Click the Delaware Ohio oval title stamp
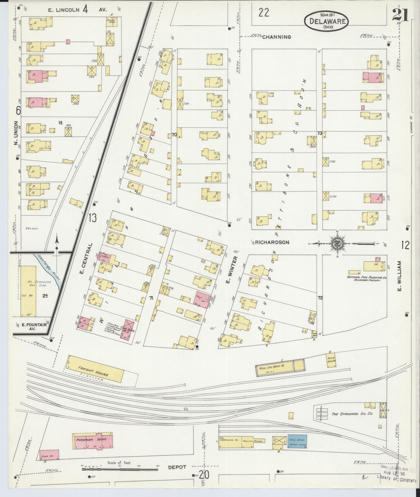pos(326,21)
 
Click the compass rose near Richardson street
pos(337,243)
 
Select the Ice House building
pos(28,291)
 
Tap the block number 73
pos(320,133)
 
